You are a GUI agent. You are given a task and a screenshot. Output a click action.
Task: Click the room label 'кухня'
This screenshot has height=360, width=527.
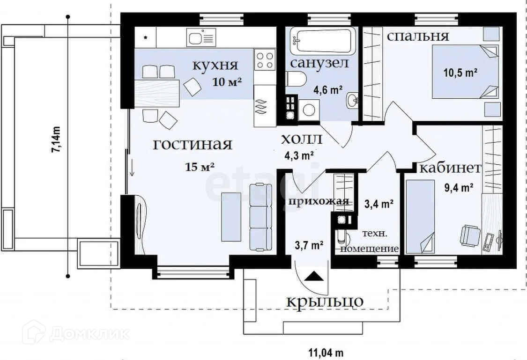coord(215,66)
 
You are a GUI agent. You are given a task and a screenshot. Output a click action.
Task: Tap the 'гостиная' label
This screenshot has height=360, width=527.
coord(193,144)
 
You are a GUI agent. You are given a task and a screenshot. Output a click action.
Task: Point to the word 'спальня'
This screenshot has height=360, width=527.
coord(418,36)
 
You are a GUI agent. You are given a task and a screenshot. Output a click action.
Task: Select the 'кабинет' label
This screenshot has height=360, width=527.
coord(450,168)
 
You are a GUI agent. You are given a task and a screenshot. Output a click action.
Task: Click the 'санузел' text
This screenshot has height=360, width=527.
coord(319,63)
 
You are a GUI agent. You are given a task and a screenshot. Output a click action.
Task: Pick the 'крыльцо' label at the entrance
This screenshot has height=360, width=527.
coord(325,301)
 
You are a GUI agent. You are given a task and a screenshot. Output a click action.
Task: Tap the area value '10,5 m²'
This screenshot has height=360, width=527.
coord(460,72)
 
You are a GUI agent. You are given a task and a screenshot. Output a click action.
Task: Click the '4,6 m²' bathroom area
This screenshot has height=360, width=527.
coord(328,90)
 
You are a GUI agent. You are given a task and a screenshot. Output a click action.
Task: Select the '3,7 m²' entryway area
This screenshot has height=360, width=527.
coord(309,245)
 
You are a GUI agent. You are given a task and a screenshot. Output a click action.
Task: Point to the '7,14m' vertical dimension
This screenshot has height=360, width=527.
coord(56,140)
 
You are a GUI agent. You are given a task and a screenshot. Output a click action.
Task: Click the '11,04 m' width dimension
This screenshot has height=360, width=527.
coord(326,353)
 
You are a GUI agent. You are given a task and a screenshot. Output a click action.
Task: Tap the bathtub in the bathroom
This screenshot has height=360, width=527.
coord(323,41)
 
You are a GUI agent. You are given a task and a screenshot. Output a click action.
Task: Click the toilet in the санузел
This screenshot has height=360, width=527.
coord(296,80)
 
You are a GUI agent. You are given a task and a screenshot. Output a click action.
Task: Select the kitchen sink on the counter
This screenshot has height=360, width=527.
coord(201,37)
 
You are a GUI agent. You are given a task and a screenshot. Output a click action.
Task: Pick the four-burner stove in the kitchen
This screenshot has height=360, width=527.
coord(265,60)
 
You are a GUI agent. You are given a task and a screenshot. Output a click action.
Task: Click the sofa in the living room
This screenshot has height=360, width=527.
coord(261,217)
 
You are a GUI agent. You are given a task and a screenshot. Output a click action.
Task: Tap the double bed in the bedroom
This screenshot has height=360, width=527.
coord(465,72)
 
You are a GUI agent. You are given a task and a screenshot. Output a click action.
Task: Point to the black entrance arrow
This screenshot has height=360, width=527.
coord(314,276)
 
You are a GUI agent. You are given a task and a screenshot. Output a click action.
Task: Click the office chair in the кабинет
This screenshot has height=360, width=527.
coord(470,236)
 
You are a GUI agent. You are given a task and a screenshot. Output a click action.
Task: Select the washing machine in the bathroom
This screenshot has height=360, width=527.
coord(309,110)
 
